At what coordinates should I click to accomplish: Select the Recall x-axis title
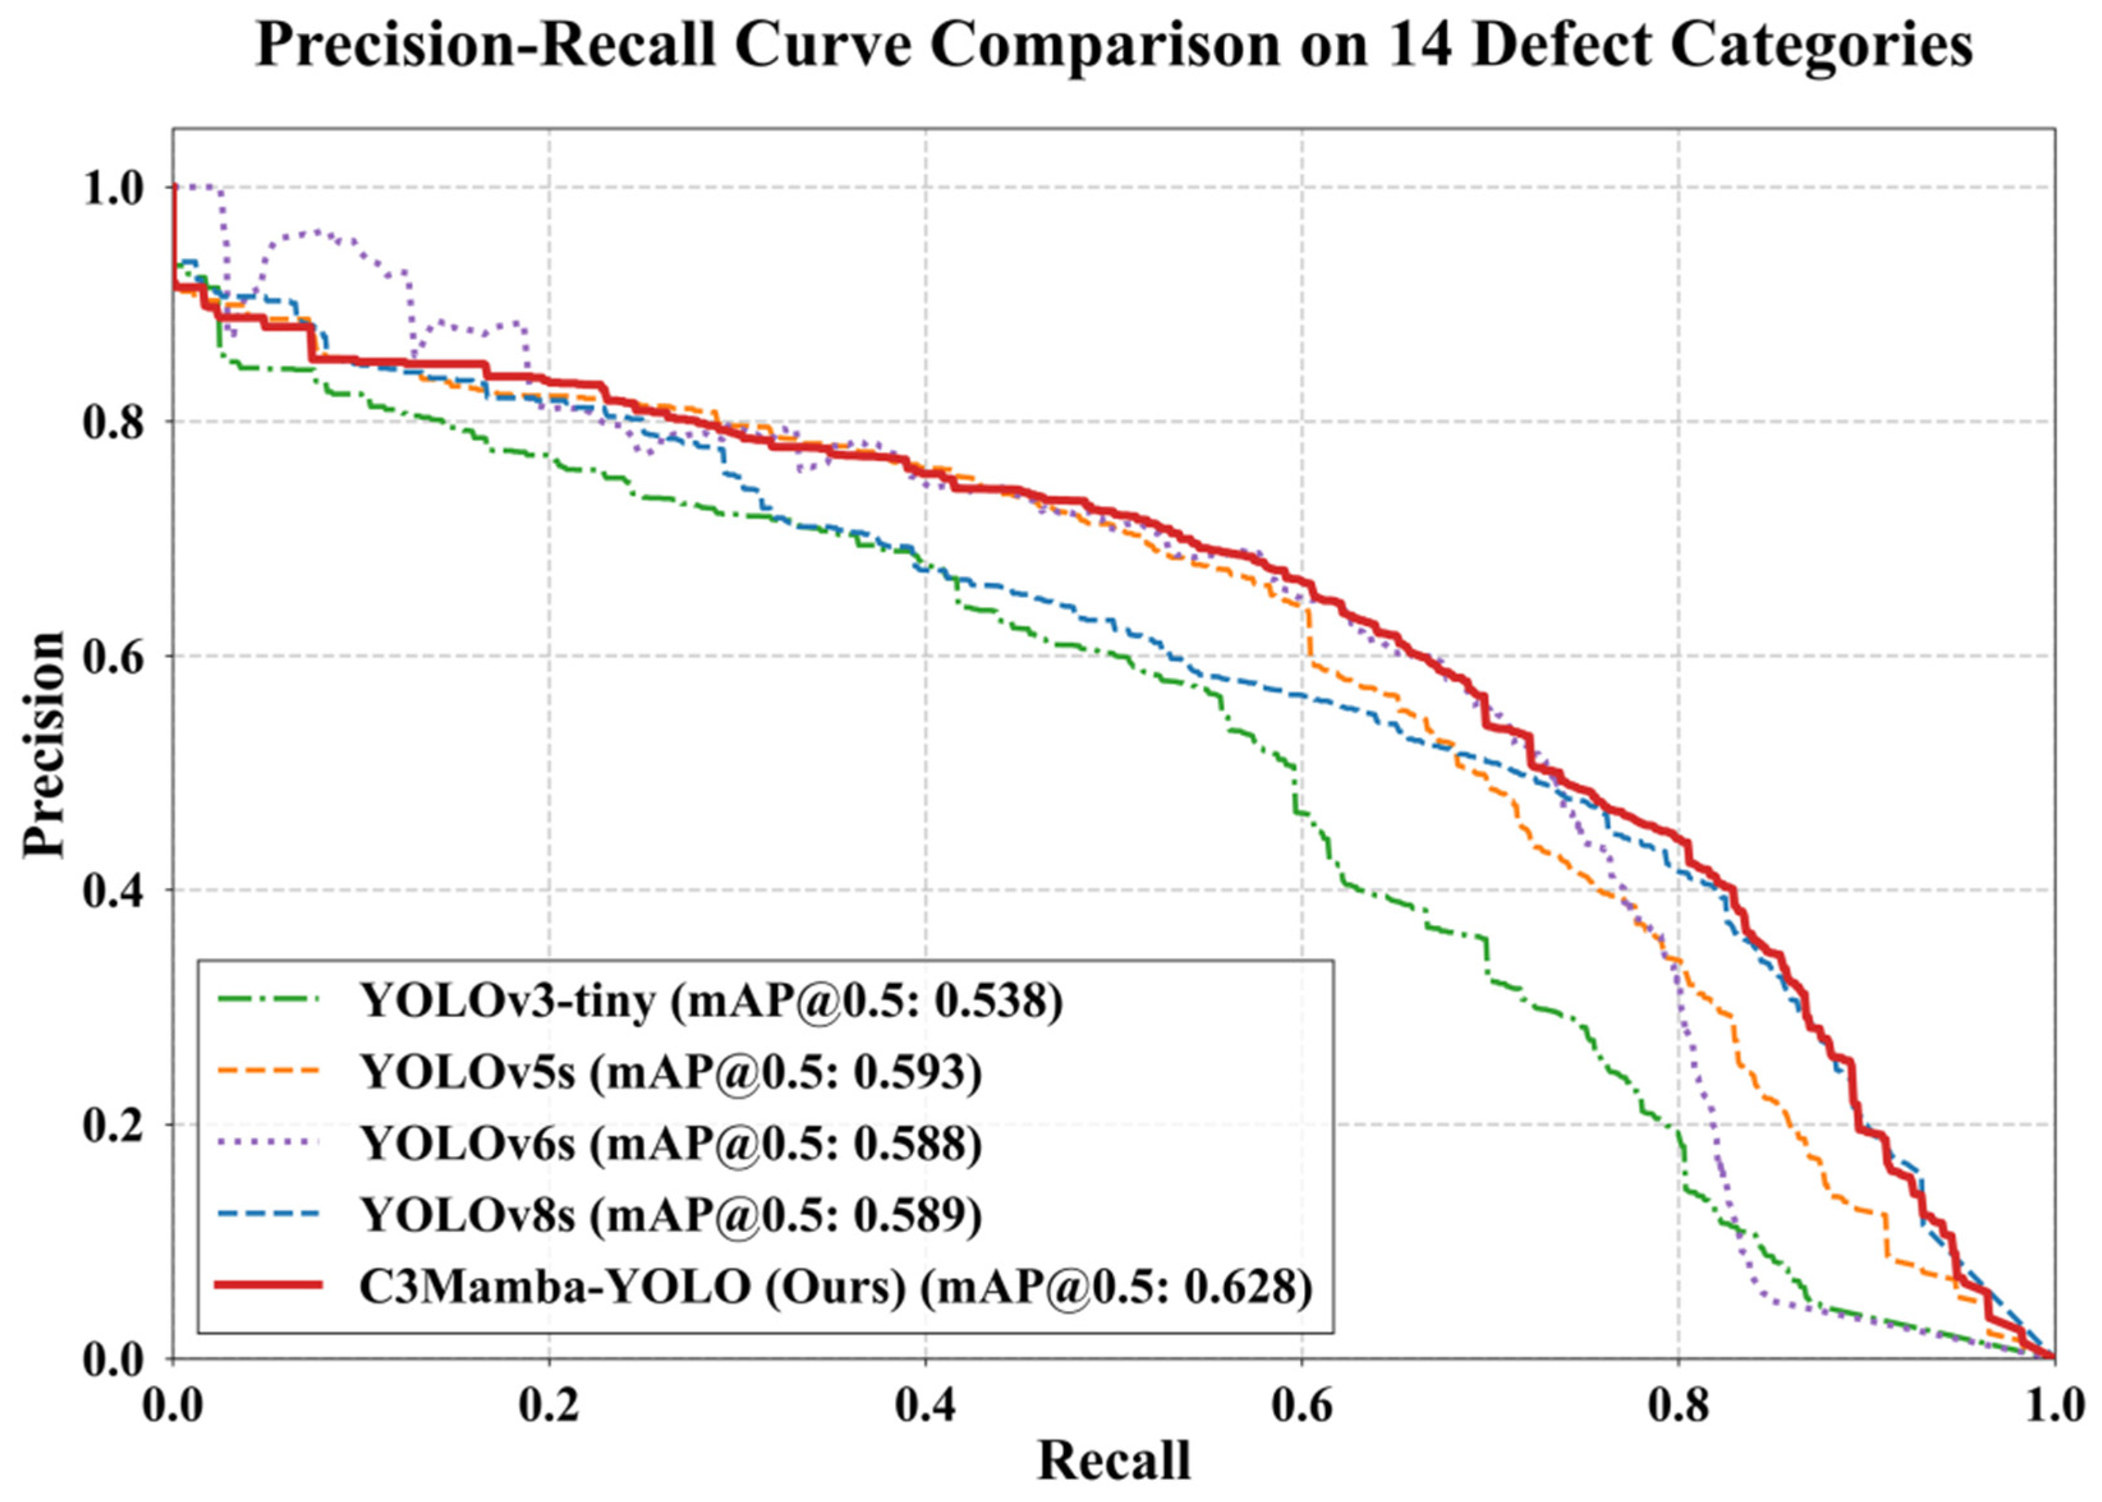click(x=1114, y=1461)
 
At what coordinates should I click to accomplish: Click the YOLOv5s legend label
click(x=468, y=1072)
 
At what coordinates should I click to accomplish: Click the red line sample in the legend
click(x=268, y=1285)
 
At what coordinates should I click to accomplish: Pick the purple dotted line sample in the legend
click(x=268, y=1142)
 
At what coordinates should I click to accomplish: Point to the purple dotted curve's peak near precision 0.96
click(x=316, y=232)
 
